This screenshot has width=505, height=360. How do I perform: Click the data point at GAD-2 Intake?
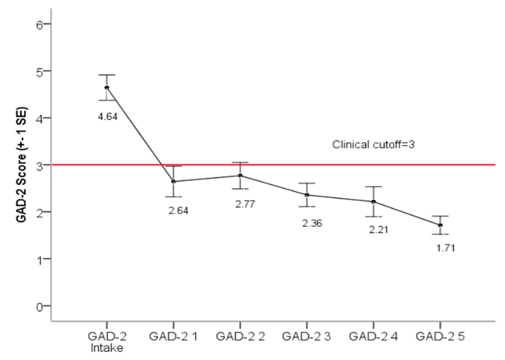pos(106,87)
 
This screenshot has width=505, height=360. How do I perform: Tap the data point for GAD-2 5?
pos(440,225)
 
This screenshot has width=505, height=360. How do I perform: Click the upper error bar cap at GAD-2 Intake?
pos(106,75)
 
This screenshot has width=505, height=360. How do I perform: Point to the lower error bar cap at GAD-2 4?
pos(373,217)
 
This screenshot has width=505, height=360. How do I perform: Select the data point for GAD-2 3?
pos(306,195)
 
